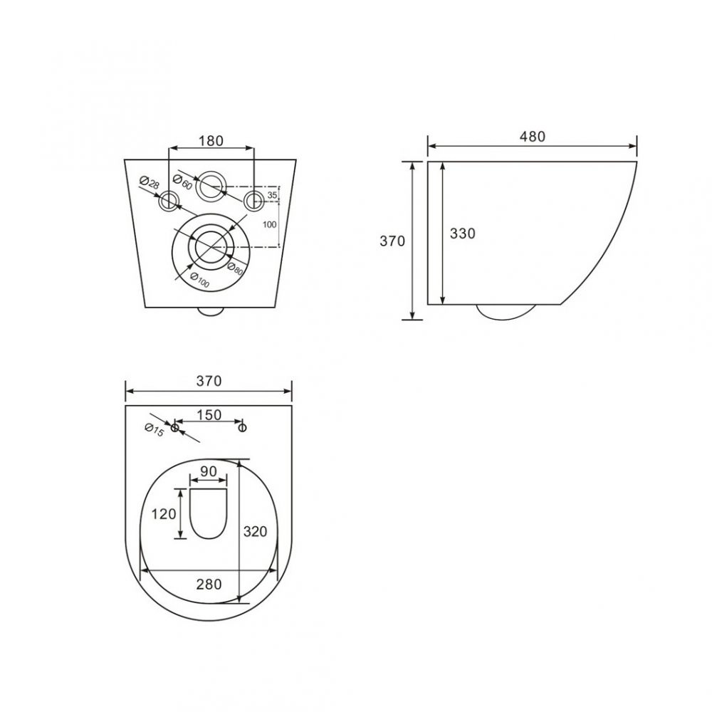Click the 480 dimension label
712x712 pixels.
[x=532, y=136]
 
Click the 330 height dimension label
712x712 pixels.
[x=462, y=234]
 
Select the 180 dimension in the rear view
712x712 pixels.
[x=211, y=141]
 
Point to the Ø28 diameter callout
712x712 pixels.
[x=150, y=183]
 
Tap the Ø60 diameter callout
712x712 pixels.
[x=182, y=182]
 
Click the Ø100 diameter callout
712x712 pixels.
[x=199, y=280]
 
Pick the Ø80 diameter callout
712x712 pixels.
[x=235, y=268]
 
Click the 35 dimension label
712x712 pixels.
[x=272, y=195]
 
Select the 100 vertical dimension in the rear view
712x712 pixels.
[x=270, y=224]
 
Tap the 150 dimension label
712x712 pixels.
[x=209, y=415]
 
